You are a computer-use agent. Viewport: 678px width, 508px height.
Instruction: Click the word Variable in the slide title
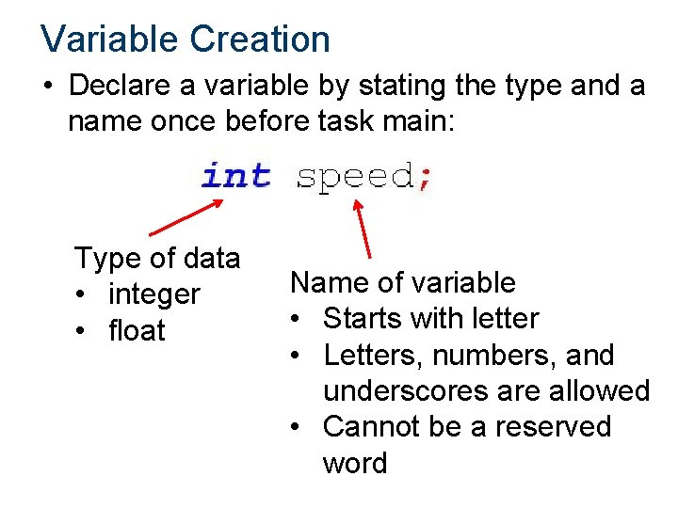pyautogui.click(x=108, y=39)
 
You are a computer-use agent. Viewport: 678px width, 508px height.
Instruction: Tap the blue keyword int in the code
pyautogui.click(x=236, y=176)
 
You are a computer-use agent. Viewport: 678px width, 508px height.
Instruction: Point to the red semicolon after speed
pyautogui.click(x=425, y=178)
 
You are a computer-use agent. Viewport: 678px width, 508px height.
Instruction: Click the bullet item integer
pyautogui.click(x=154, y=294)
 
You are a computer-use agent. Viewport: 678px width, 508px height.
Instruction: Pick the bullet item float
pyautogui.click(x=137, y=331)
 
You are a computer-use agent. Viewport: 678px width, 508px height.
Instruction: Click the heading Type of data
pyautogui.click(x=157, y=258)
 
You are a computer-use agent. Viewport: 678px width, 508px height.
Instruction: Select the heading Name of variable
pyautogui.click(x=403, y=282)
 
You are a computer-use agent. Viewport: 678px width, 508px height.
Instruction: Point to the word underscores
pyautogui.click(x=417, y=390)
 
